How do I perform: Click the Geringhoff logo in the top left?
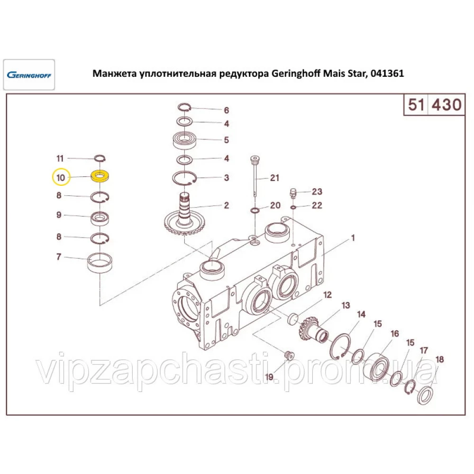(x=29, y=75)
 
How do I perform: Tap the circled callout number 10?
(x=60, y=178)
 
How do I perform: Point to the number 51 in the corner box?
(x=415, y=104)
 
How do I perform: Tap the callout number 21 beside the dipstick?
(x=274, y=178)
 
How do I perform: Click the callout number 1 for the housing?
(x=352, y=238)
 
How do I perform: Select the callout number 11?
(x=60, y=158)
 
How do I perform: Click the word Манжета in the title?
(x=113, y=74)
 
